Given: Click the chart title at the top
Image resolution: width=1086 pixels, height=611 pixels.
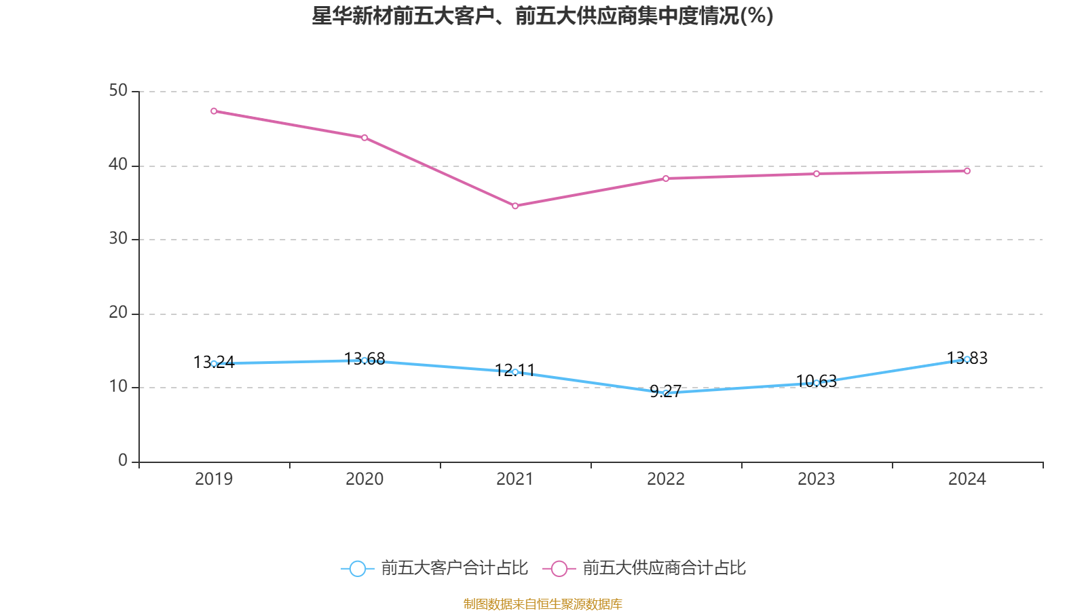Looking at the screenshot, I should (542, 16).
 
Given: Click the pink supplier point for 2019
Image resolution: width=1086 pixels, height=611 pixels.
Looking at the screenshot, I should (214, 111).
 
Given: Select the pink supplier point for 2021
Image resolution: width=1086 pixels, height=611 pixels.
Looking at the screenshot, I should (515, 206).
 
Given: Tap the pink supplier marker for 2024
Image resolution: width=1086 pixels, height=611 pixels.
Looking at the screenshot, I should (967, 171).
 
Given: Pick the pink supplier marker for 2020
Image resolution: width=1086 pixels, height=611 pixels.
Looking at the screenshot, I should (364, 138).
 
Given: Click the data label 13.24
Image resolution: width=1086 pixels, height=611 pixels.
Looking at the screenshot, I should (214, 363).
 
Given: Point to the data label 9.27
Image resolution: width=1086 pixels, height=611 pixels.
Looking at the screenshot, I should (665, 391).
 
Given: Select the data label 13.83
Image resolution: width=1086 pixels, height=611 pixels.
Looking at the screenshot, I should (967, 358).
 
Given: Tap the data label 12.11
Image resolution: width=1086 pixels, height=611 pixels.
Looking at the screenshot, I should (515, 370).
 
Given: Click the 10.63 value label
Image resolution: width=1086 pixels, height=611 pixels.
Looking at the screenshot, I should (817, 381).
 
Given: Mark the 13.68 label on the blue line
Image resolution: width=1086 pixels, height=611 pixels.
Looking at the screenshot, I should (364, 358).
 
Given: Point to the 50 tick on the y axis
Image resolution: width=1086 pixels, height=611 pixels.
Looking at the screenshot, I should (118, 91).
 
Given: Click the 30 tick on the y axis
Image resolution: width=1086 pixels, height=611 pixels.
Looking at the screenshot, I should (118, 239).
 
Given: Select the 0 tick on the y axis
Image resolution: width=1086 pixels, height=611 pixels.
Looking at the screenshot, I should (123, 461).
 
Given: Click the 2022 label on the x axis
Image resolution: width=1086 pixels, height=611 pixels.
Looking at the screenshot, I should (666, 479).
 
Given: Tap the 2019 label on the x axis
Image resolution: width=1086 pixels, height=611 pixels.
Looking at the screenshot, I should (214, 479).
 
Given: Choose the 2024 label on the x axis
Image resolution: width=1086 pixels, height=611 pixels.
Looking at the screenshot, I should (967, 479).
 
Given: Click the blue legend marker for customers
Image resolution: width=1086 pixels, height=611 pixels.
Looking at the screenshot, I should (358, 568).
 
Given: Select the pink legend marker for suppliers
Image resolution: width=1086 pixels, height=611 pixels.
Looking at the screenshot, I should (559, 568).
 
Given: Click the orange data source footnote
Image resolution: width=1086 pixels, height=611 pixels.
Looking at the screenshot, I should (542, 604).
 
